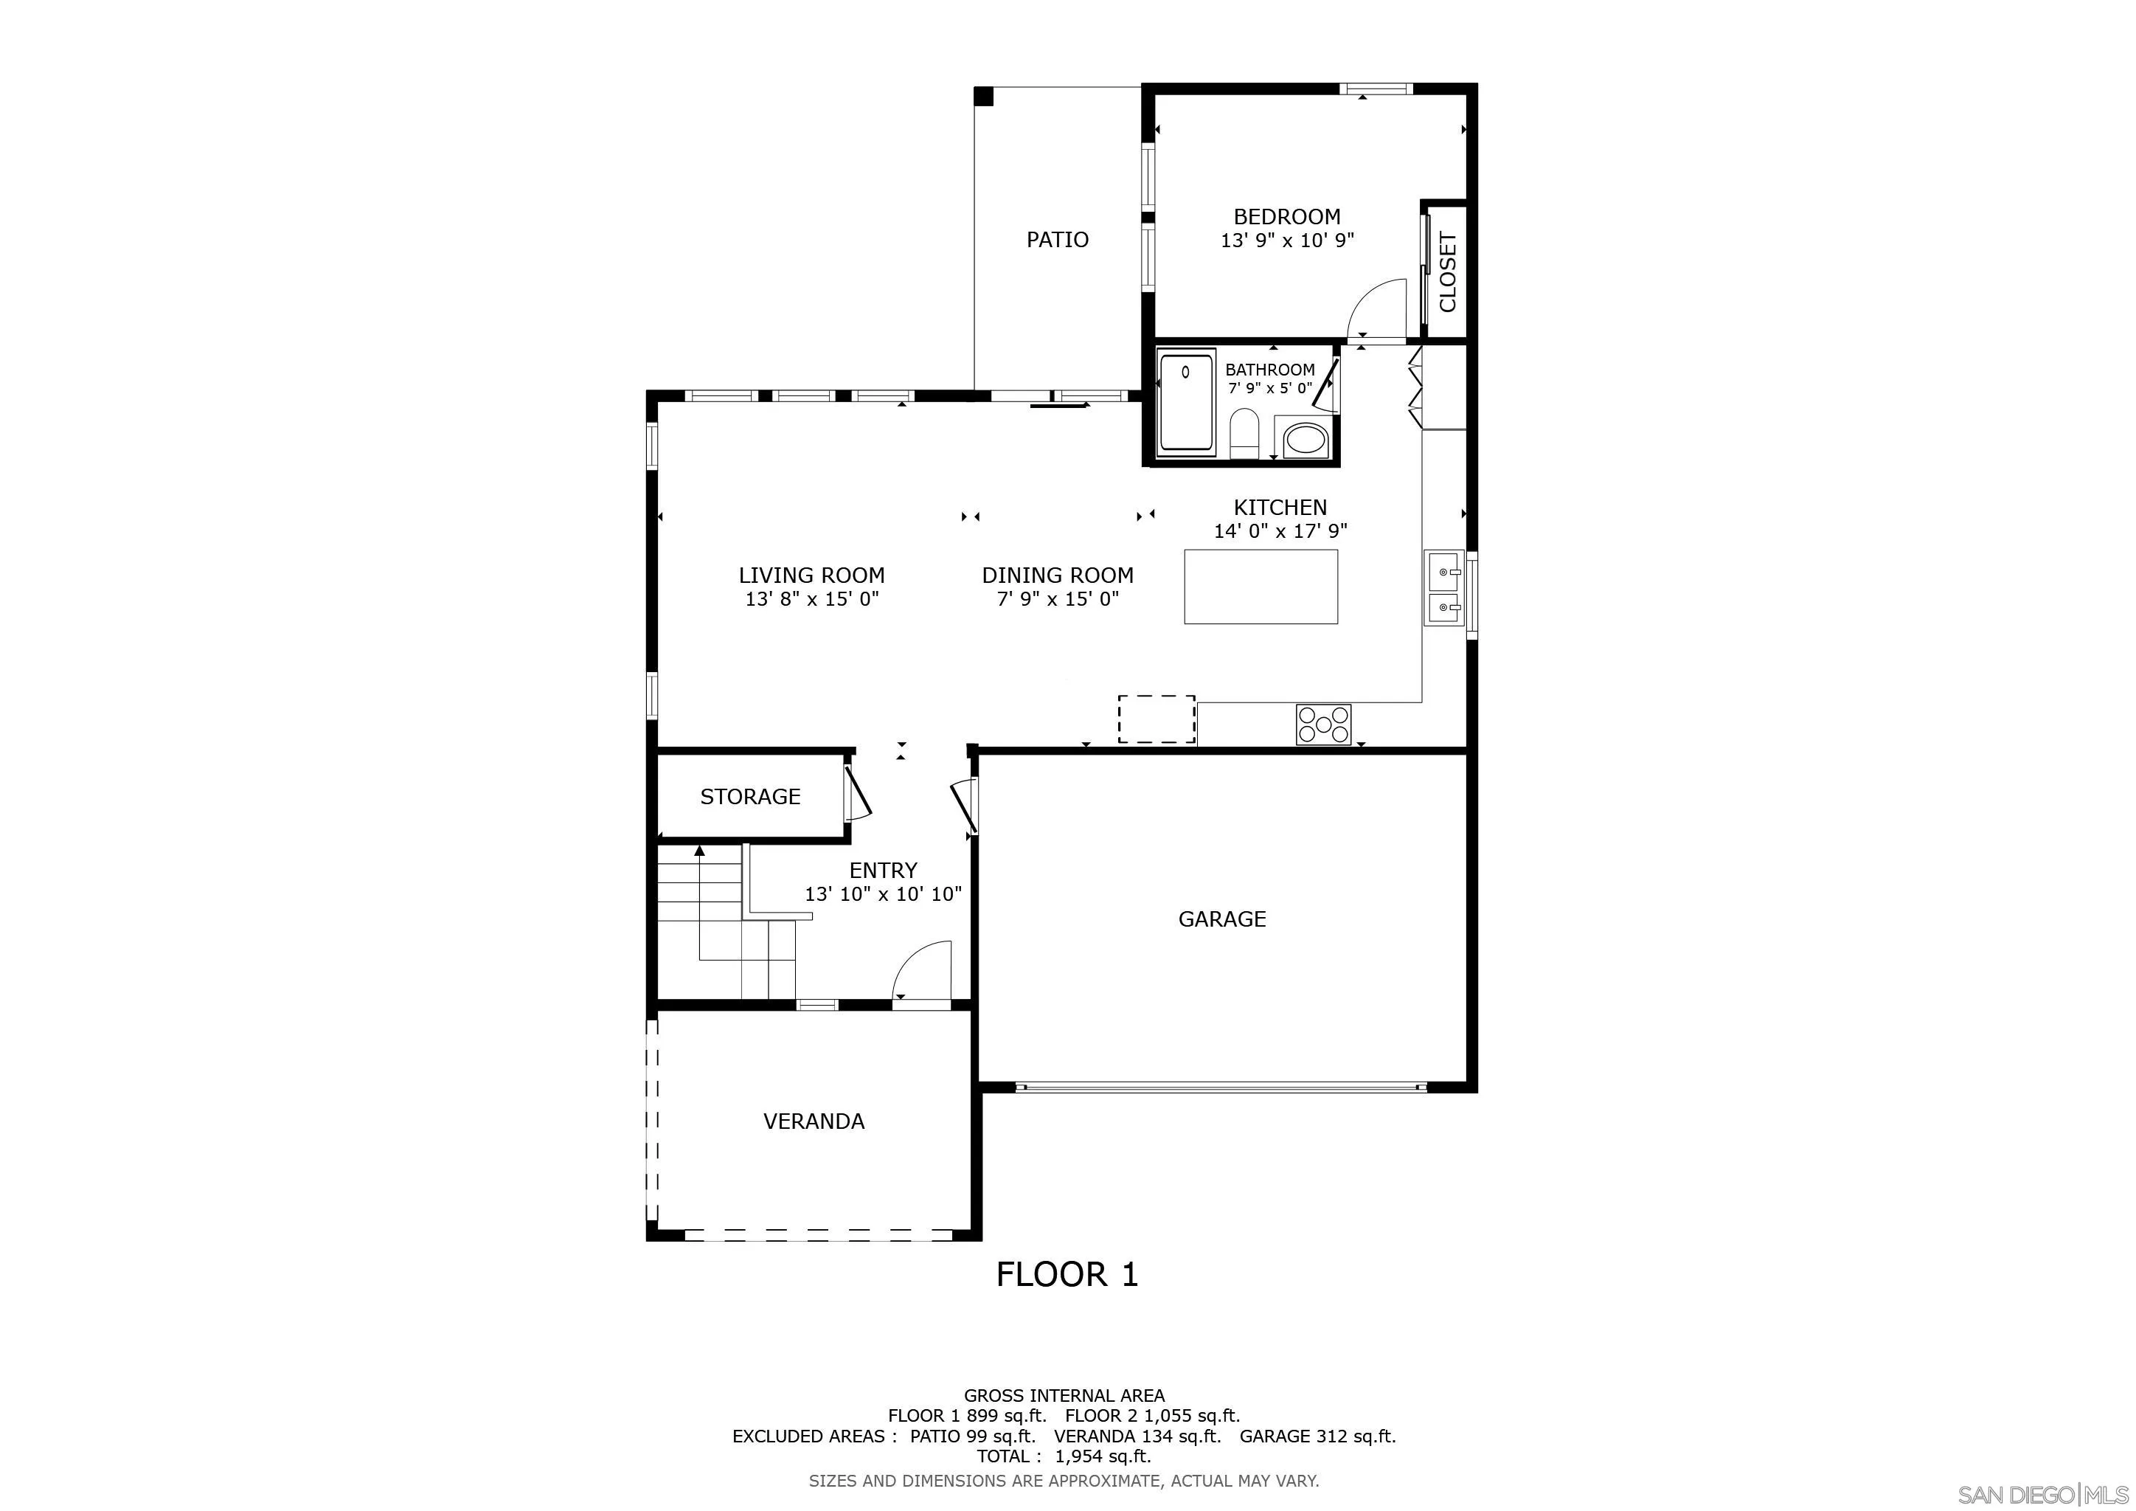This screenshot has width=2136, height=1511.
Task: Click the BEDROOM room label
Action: pyautogui.click(x=1286, y=217)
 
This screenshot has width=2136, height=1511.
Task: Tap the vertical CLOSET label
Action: pyautogui.click(x=1448, y=272)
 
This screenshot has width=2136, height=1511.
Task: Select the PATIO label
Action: pyautogui.click(x=1057, y=240)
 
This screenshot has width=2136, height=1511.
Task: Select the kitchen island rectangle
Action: pyautogui.click(x=1261, y=586)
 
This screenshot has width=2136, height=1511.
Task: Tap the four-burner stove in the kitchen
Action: pyautogui.click(x=1324, y=724)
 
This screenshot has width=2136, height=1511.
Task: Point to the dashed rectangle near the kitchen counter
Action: pyautogui.click(x=1157, y=719)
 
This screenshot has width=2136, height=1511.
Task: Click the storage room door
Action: pyautogui.click(x=857, y=794)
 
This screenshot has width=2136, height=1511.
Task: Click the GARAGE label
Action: pyautogui.click(x=1221, y=919)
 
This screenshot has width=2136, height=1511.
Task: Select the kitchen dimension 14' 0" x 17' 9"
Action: pyautogui.click(x=1280, y=531)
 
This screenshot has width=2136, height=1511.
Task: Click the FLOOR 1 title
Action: pyautogui.click(x=1067, y=1273)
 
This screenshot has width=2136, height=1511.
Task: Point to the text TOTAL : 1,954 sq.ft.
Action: pyautogui.click(x=1064, y=1456)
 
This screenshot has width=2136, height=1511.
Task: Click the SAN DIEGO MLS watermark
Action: pyautogui.click(x=2044, y=1494)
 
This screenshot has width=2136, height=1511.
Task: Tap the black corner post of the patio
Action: pyautogui.click(x=983, y=96)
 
